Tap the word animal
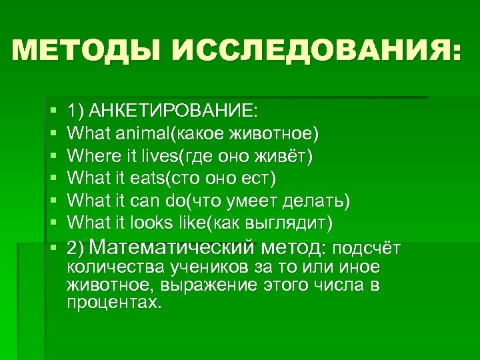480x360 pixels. point(143,134)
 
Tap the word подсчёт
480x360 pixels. point(365,249)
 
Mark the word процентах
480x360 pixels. point(114,302)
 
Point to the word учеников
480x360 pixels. point(193,267)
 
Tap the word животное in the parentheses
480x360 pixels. point(279,134)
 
